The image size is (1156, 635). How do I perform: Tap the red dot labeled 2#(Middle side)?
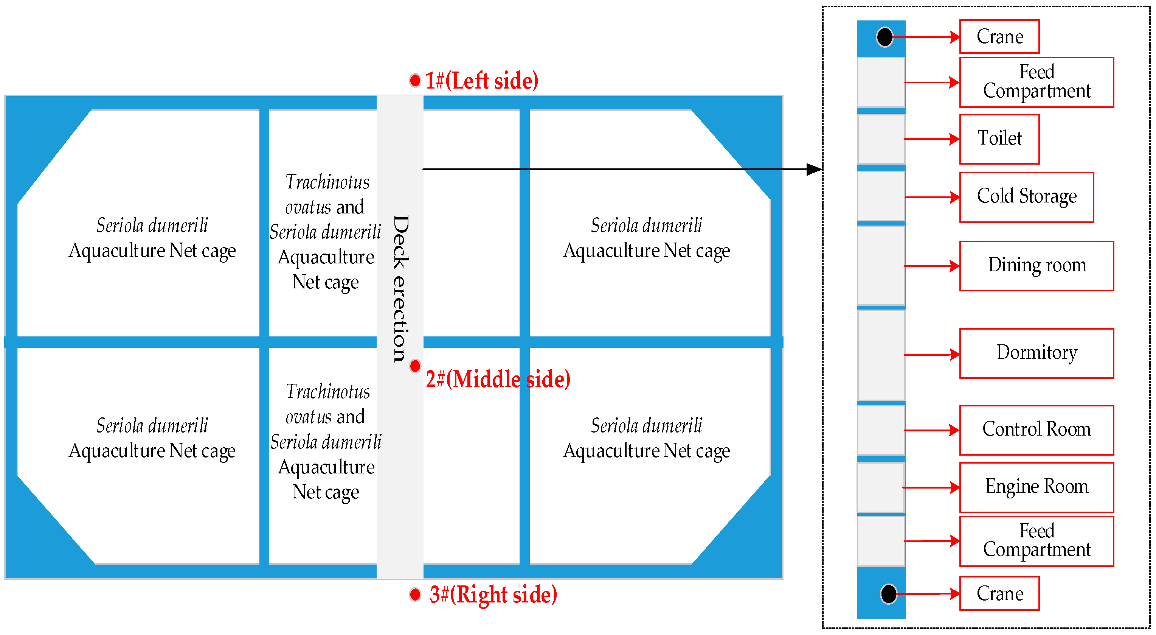click(415, 366)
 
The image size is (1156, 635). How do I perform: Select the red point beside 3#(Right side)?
click(415, 595)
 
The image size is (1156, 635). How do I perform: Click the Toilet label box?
click(999, 139)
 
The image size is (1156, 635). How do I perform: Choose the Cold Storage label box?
click(1026, 197)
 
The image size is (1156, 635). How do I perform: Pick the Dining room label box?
click(1037, 266)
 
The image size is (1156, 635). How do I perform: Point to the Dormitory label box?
click(1037, 353)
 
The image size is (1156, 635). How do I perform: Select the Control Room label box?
click(1037, 430)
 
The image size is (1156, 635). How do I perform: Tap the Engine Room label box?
click(1037, 487)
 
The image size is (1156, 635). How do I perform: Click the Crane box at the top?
click(999, 37)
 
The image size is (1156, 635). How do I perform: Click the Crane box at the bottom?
click(999, 594)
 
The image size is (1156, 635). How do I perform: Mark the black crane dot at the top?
click(884, 37)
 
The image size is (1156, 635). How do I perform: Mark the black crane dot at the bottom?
click(889, 594)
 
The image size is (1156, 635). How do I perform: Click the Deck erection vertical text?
click(400, 288)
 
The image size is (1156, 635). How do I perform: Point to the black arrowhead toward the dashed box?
click(814, 169)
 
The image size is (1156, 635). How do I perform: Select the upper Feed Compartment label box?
click(1037, 82)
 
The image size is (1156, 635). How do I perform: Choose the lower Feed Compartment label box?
click(1037, 541)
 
